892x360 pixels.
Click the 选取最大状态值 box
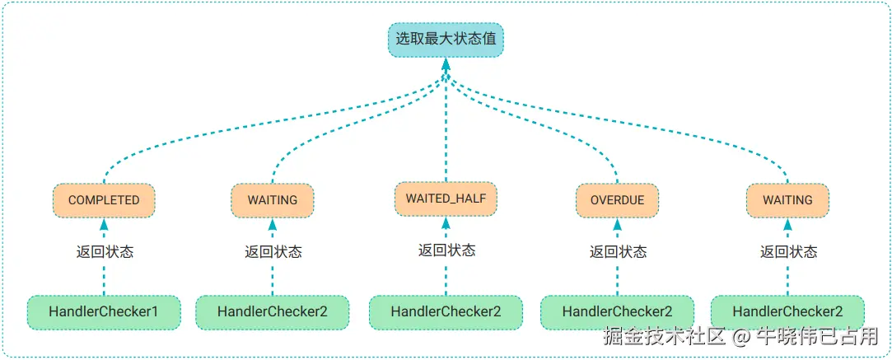tap(446, 39)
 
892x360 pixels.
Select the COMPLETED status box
tap(104, 200)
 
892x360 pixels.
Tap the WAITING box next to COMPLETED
tap(273, 200)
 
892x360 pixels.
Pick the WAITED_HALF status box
tap(446, 199)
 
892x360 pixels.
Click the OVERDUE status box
tap(617, 200)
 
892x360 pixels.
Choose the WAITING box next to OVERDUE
tap(787, 200)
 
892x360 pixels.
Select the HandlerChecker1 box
tap(104, 312)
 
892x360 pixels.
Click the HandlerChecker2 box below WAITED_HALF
tap(446, 312)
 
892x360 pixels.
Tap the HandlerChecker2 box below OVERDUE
tap(617, 312)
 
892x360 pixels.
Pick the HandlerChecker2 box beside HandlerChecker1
tap(273, 312)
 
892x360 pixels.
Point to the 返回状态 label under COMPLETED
tap(104, 252)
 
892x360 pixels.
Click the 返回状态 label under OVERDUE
tap(617, 252)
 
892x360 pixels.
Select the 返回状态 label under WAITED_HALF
tap(446, 250)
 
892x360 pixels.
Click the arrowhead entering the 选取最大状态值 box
tap(446, 64)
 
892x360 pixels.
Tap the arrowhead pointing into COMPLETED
tap(104, 224)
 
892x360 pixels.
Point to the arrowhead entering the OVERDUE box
tap(617, 224)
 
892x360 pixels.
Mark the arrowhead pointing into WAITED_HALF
tap(446, 222)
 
